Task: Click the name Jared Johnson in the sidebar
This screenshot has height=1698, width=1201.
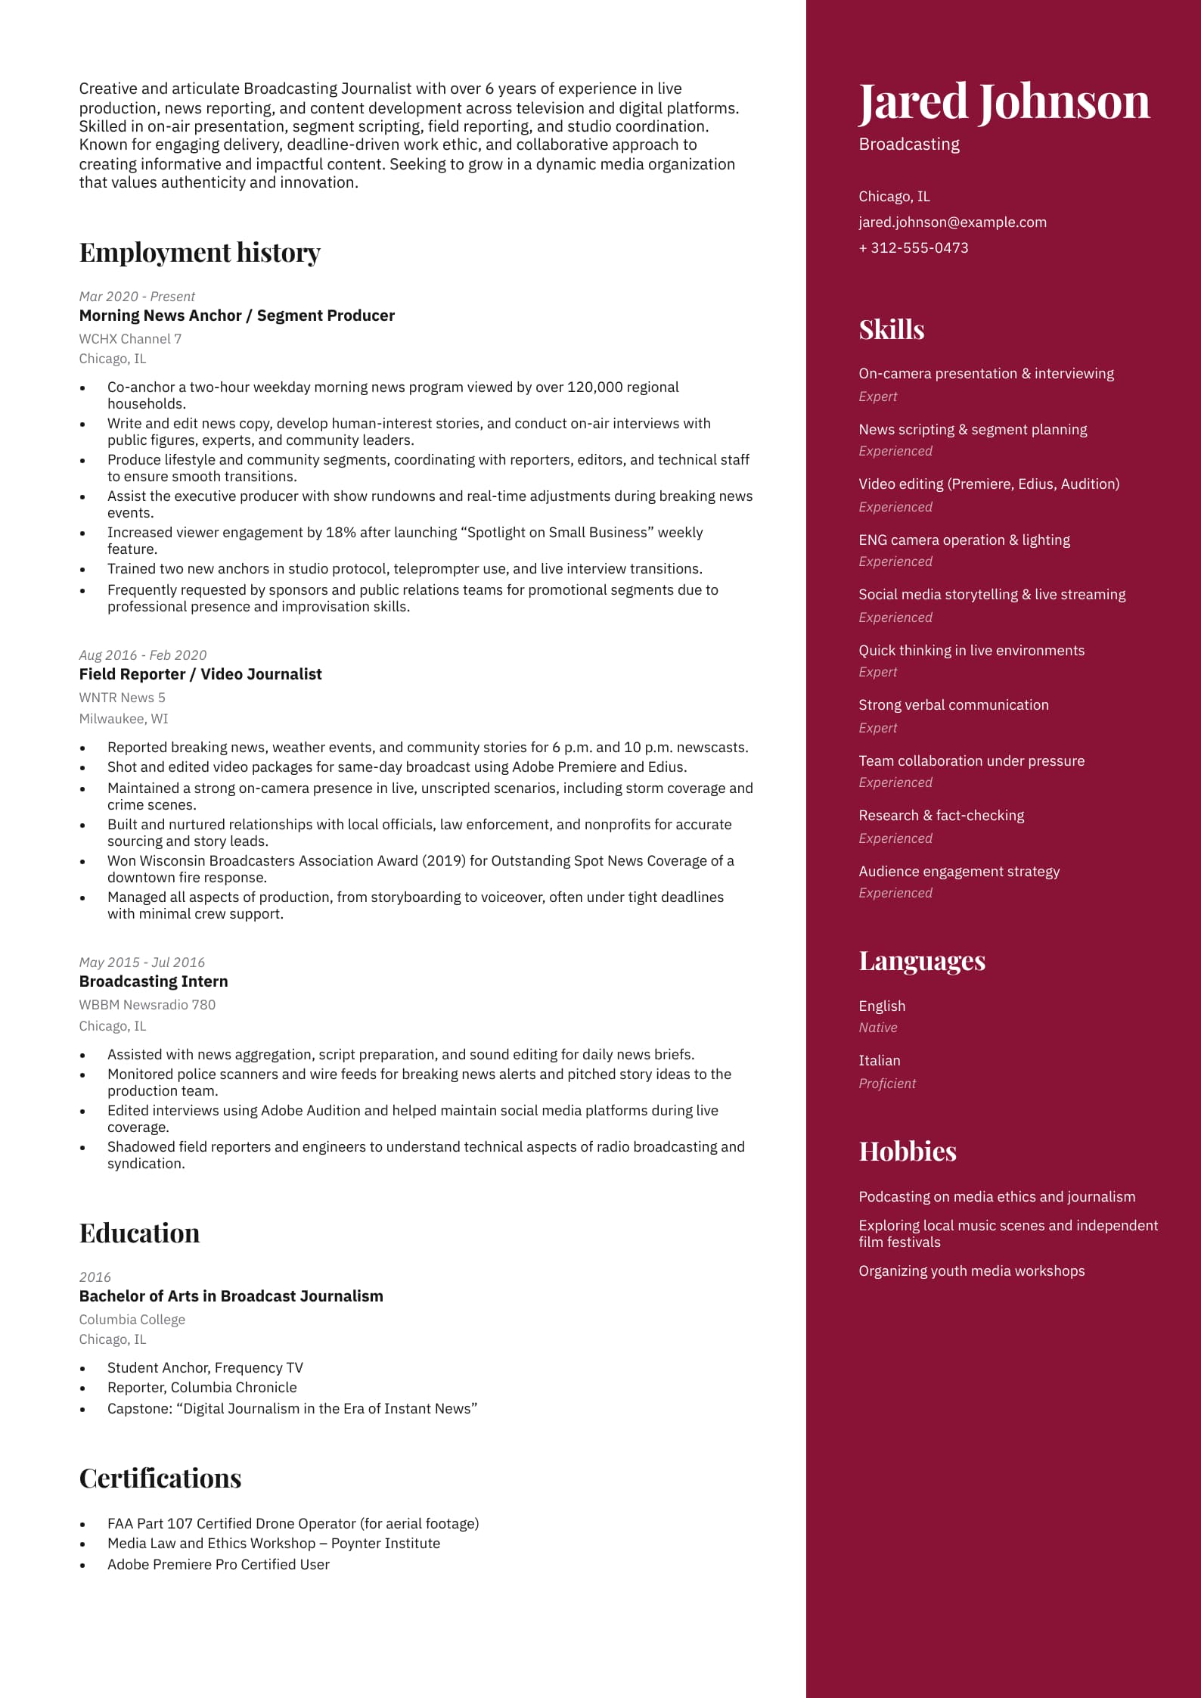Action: click(1003, 101)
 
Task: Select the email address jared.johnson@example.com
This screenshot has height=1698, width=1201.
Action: click(952, 222)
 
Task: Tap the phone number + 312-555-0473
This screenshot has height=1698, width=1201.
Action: click(913, 248)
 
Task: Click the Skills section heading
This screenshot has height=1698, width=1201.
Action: click(891, 330)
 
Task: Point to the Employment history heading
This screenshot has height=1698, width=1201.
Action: click(200, 253)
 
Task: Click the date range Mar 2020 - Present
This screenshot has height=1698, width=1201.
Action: click(137, 297)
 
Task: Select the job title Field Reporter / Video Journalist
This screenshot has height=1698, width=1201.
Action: click(200, 674)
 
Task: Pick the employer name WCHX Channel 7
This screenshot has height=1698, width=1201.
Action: click(130, 339)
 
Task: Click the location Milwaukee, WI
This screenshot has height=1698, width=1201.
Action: click(123, 719)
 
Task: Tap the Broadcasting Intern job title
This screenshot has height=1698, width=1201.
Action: click(154, 981)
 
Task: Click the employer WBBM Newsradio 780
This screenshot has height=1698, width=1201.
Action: click(147, 1005)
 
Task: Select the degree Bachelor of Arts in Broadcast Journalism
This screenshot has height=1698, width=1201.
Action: click(231, 1296)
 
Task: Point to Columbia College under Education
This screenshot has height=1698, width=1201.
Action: click(132, 1320)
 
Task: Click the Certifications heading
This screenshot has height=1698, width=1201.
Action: click(160, 1479)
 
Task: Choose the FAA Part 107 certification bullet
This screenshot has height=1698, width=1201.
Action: click(293, 1524)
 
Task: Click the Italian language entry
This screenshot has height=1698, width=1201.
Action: click(879, 1061)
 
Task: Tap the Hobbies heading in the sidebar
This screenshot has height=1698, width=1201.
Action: click(907, 1152)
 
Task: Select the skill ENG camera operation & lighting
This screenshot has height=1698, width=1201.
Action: click(964, 540)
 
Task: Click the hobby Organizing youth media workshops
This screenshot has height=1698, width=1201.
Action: click(971, 1271)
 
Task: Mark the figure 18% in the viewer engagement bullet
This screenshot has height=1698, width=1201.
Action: click(340, 533)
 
